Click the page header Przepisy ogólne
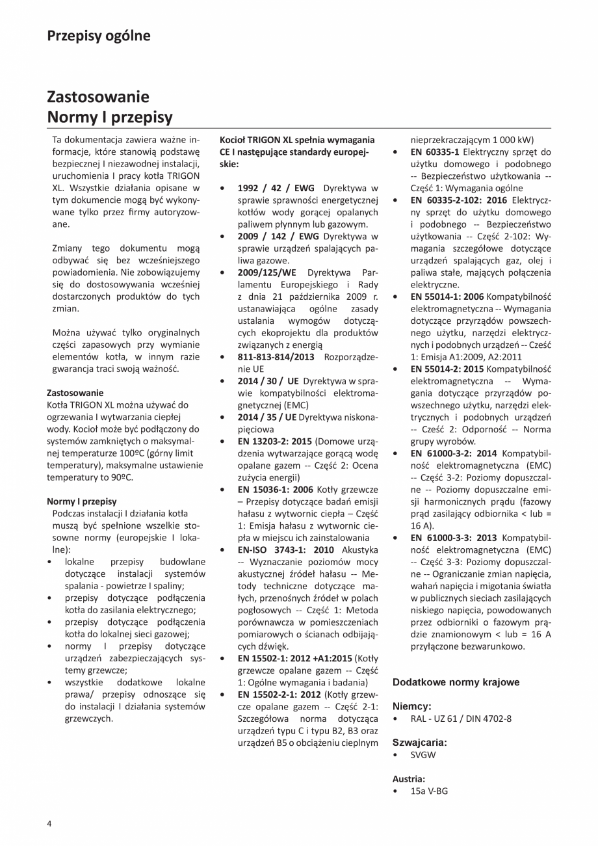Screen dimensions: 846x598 [98, 36]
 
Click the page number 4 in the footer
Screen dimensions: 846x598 [49, 823]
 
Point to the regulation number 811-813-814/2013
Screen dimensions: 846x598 [276, 357]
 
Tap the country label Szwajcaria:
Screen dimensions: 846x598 [419, 742]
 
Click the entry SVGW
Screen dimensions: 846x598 [423, 755]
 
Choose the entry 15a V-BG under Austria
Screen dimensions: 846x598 [428, 791]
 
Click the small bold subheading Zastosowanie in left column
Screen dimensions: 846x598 [75, 393]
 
